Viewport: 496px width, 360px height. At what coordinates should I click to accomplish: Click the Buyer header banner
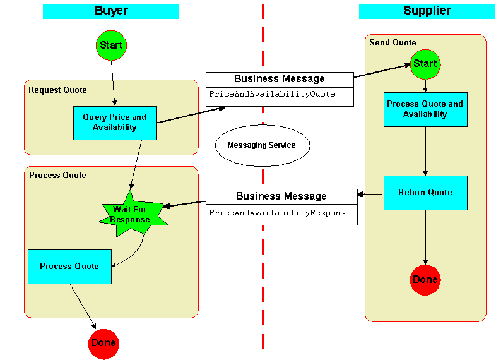pyautogui.click(x=111, y=11)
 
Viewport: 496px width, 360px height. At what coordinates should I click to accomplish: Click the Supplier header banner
pyautogui.click(x=427, y=11)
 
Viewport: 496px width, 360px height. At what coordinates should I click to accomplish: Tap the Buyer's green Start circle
pyautogui.click(x=112, y=45)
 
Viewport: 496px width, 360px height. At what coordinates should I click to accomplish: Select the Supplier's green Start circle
pyautogui.click(x=425, y=63)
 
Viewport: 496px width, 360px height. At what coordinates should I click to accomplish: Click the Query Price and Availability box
pyautogui.click(x=114, y=123)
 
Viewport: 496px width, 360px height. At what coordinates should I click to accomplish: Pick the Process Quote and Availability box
pyautogui.click(x=425, y=109)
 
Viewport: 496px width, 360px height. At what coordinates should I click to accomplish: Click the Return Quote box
pyautogui.click(x=425, y=193)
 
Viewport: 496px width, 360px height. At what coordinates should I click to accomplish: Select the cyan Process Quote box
pyautogui.click(x=69, y=267)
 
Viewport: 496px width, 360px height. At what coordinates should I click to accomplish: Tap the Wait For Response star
pyautogui.click(x=131, y=213)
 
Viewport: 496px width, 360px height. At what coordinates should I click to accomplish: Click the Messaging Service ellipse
pyautogui.click(x=261, y=145)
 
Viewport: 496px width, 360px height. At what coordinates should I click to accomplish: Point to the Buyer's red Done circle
pyautogui.click(x=103, y=343)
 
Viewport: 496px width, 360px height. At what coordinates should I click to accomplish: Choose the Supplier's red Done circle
pyautogui.click(x=425, y=280)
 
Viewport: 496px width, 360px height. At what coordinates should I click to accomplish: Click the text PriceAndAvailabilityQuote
pyautogui.click(x=272, y=94)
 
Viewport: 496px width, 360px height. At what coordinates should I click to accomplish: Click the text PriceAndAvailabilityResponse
pyautogui.click(x=280, y=213)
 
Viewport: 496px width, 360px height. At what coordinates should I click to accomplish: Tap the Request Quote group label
pyautogui.click(x=57, y=90)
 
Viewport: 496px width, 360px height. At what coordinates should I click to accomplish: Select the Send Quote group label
pyautogui.click(x=393, y=42)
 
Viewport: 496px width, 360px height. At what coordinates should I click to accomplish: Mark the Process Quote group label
pyautogui.click(x=57, y=175)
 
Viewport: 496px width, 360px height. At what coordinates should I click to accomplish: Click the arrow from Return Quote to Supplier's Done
pyautogui.click(x=425, y=237)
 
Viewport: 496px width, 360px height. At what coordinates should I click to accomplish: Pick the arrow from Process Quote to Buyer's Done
pyautogui.click(x=83, y=306)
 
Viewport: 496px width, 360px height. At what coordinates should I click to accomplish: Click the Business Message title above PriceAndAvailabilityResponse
pyautogui.click(x=281, y=196)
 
